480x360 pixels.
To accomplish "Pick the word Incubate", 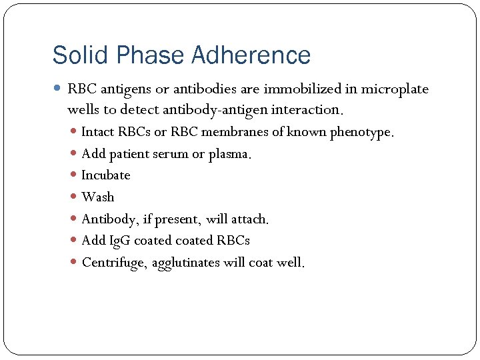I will point(105,175).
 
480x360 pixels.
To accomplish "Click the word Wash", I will point(97,197).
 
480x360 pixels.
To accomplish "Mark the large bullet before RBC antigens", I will point(58,89).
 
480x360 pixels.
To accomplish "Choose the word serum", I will point(171,154).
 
